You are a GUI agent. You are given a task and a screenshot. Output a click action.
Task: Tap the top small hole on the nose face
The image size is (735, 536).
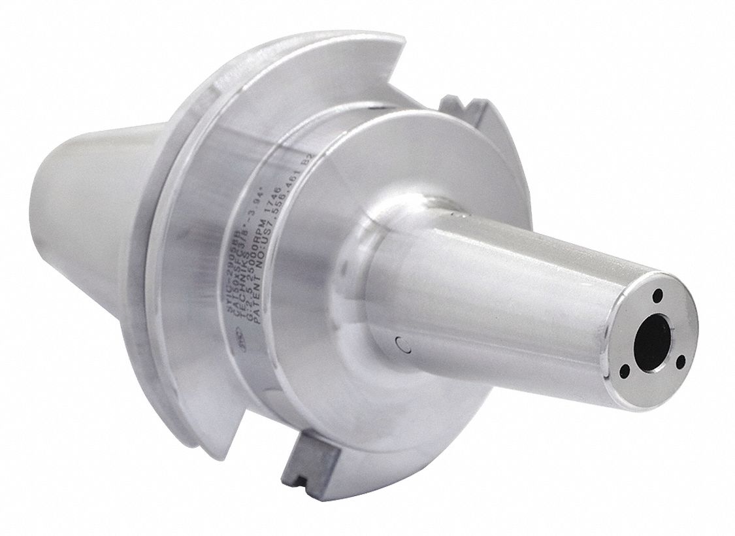pyautogui.click(x=659, y=295)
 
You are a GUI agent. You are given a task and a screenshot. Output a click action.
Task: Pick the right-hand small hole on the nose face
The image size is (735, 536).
pyautogui.click(x=681, y=359)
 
